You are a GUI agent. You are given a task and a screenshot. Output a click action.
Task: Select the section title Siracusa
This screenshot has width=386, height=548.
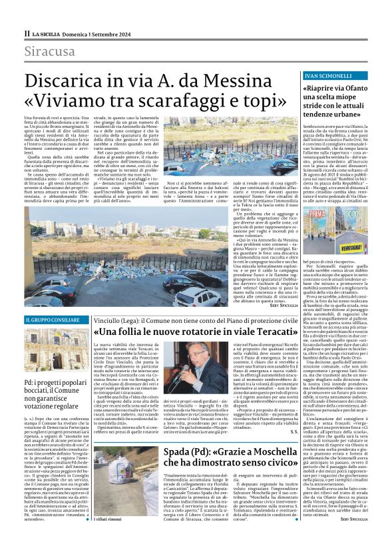[50, 52]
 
